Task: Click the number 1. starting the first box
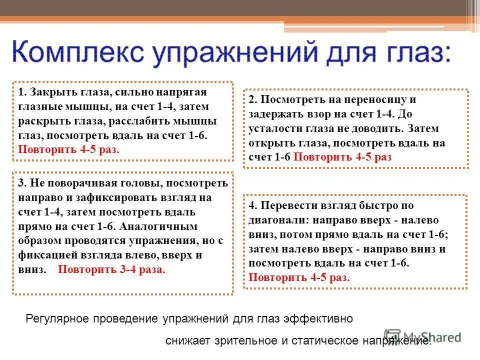pyautogui.click(x=22, y=92)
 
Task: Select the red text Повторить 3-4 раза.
pyautogui.click(x=111, y=269)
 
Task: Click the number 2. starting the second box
pyautogui.click(x=253, y=99)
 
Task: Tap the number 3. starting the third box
pyautogui.click(x=22, y=183)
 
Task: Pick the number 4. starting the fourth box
pyautogui.click(x=253, y=205)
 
